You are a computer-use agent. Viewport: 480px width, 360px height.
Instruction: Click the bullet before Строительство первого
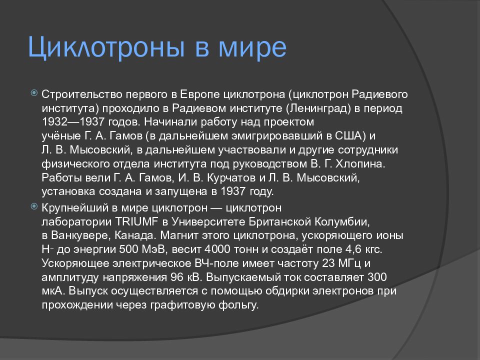[x=33, y=93]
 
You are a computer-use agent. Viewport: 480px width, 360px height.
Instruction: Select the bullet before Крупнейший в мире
[x=33, y=206]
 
